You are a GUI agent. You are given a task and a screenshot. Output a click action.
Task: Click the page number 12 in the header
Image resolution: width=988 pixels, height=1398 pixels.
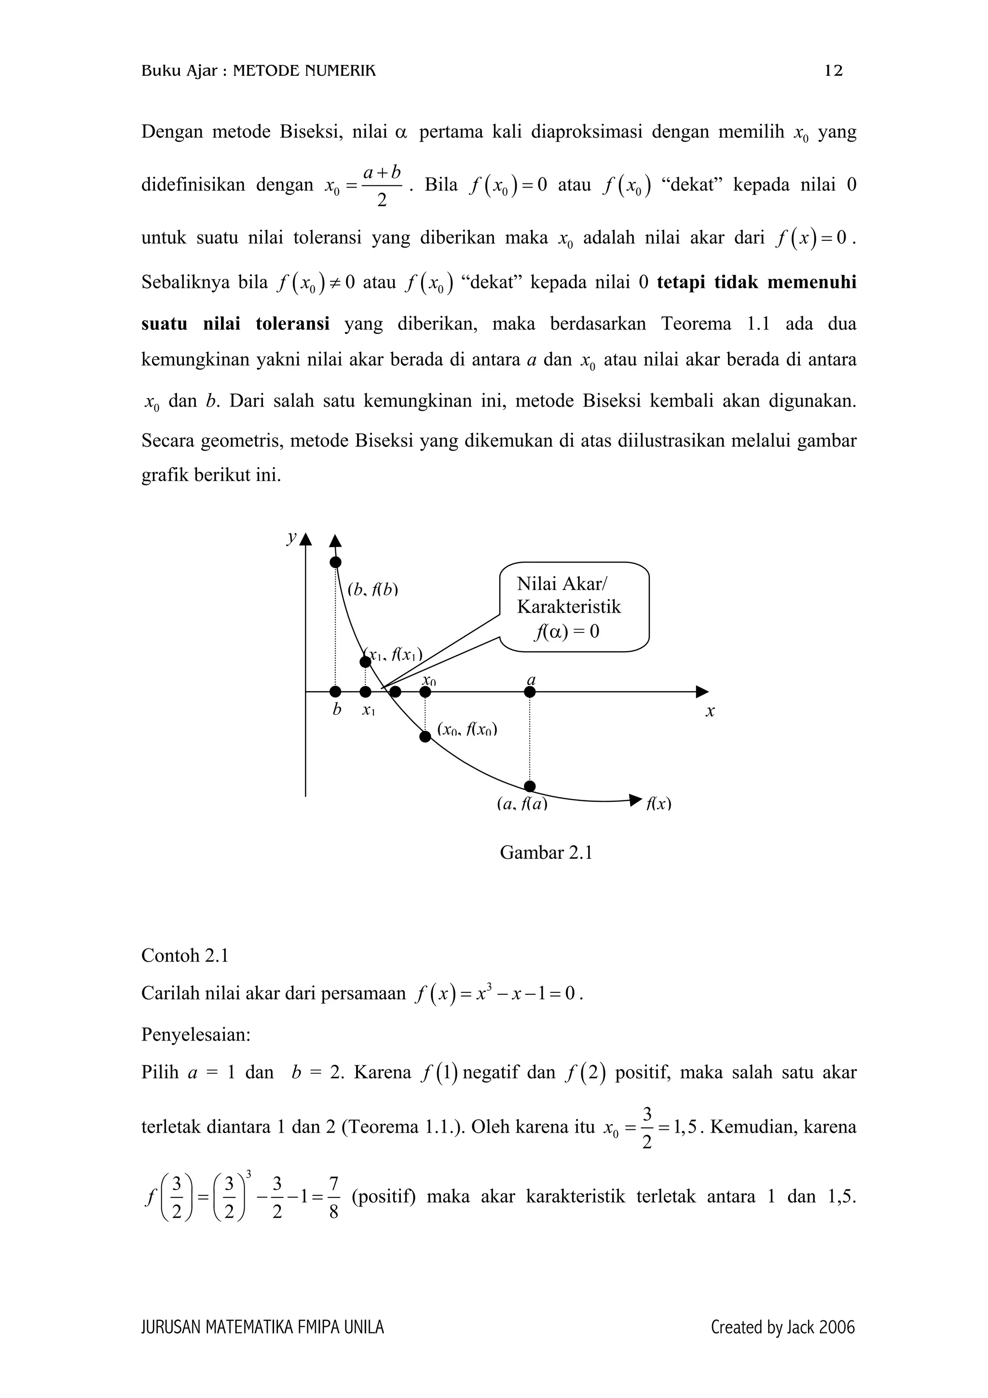coord(833,71)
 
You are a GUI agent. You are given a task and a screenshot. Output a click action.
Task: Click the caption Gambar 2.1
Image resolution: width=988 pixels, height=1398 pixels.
coord(546,852)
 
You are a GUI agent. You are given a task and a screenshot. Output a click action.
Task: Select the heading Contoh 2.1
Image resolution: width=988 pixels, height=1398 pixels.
coord(184,956)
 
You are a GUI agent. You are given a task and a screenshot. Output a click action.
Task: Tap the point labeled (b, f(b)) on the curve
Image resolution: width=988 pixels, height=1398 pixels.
coord(335,562)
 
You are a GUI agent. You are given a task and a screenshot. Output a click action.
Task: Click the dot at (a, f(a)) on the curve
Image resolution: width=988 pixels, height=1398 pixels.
coord(530,786)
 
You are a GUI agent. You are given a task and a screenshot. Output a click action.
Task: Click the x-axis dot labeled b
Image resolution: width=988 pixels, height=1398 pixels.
coord(335,692)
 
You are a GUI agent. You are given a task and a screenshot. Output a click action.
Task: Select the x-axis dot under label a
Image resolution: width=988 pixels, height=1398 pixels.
coord(530,692)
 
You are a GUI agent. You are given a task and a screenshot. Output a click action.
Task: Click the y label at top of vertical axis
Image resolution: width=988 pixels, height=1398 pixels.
coord(291,536)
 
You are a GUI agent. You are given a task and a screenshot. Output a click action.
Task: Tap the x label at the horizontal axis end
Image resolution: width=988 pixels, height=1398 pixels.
coord(710,711)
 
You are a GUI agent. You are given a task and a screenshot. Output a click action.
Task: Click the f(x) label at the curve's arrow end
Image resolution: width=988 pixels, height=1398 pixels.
coord(658,804)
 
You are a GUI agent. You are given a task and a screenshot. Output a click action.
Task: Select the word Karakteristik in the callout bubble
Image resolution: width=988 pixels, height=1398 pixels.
coord(569,607)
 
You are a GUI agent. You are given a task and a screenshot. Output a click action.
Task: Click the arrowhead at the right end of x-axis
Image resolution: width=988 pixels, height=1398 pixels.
coord(702,692)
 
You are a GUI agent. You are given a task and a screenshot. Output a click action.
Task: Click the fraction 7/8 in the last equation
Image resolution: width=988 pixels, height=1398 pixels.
coord(333,1198)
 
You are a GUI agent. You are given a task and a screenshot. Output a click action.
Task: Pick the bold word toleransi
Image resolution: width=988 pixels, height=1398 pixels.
coord(293,323)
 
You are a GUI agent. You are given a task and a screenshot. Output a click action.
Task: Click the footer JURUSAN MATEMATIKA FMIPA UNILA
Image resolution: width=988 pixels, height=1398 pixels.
coord(262,1328)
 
